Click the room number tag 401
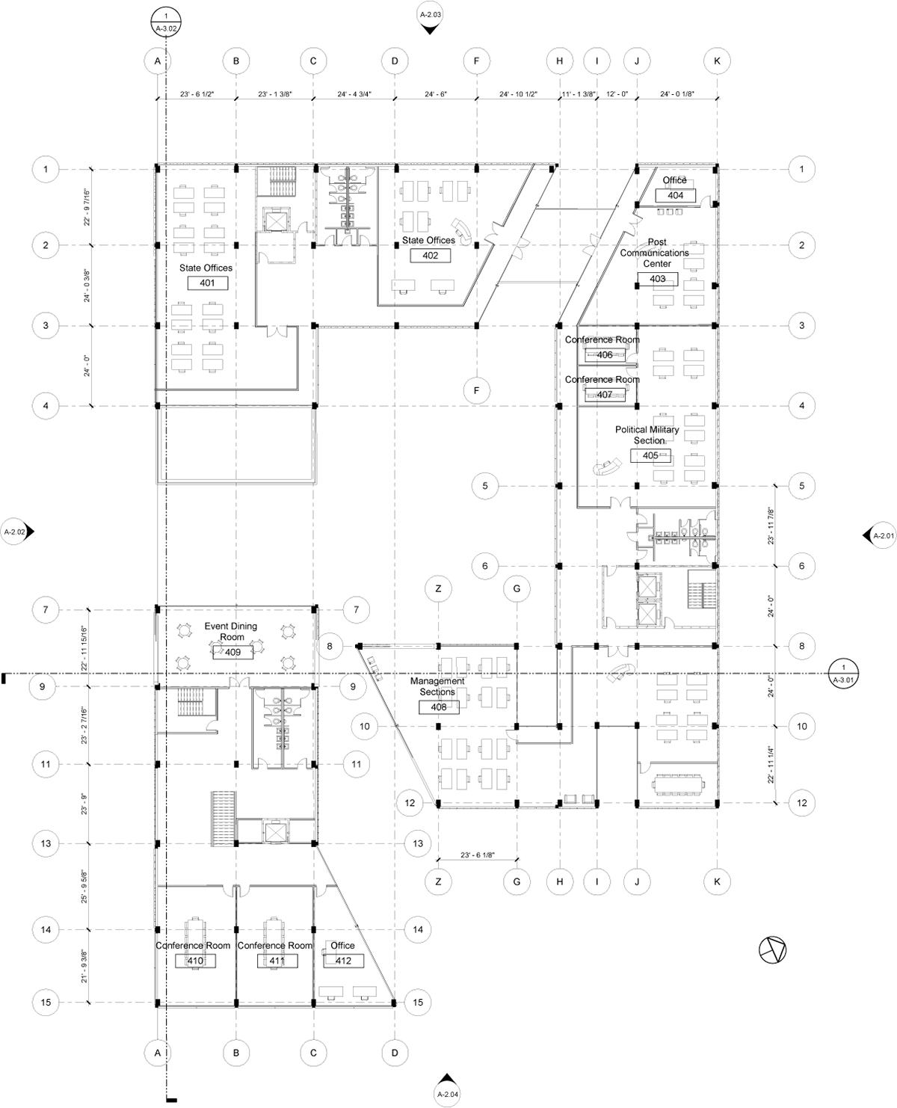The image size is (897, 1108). (x=207, y=283)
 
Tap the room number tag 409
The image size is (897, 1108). (x=232, y=653)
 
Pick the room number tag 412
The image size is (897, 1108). (x=343, y=961)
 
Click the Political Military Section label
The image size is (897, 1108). (x=647, y=435)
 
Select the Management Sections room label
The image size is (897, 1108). (x=437, y=686)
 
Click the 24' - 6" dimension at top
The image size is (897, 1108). (x=435, y=95)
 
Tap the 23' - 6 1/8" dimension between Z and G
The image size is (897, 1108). (x=478, y=855)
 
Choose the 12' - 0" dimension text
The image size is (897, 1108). (x=617, y=95)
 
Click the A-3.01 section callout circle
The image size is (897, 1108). (x=843, y=674)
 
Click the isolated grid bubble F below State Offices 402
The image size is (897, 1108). (x=476, y=390)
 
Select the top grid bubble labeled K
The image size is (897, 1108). (x=717, y=61)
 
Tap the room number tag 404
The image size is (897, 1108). (x=675, y=195)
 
